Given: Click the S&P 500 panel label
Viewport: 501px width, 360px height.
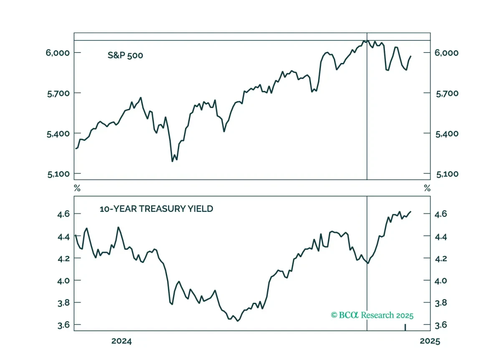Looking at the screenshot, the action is click(x=125, y=55).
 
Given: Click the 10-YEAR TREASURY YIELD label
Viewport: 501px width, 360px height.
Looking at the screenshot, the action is click(x=156, y=209).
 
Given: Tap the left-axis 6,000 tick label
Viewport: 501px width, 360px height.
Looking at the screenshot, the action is click(x=58, y=53).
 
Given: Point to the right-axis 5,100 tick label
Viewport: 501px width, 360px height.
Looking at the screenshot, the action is click(x=447, y=174).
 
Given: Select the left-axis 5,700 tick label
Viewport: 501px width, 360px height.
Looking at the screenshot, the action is click(x=58, y=94).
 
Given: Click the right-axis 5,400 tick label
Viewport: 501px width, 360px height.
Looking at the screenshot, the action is click(x=447, y=134).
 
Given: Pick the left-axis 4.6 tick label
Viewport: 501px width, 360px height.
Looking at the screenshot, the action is click(x=63, y=214).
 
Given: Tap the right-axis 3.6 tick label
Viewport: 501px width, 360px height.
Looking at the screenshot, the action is click(x=440, y=325).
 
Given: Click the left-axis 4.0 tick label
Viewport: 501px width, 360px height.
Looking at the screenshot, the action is click(x=63, y=281).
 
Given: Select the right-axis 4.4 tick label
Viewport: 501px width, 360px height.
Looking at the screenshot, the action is click(x=440, y=236).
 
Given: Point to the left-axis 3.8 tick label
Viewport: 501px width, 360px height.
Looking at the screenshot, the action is click(x=63, y=303).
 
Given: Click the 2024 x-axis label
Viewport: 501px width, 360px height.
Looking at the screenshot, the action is click(x=121, y=341).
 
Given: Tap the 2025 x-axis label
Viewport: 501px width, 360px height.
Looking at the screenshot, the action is click(x=430, y=341).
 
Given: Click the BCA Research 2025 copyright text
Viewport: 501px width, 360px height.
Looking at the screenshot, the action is click(x=372, y=315).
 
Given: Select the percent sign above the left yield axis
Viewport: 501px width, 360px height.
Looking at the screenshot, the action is click(x=77, y=188).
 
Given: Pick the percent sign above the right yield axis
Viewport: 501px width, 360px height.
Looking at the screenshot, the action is click(x=427, y=188).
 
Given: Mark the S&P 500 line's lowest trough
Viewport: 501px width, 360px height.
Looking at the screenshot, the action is click(x=172, y=161).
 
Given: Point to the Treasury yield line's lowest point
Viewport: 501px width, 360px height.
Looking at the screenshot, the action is click(x=238, y=321).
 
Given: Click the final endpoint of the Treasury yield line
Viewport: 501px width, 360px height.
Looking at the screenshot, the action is click(x=411, y=211).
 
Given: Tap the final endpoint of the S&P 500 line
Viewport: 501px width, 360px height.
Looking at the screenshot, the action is click(x=411, y=56).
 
